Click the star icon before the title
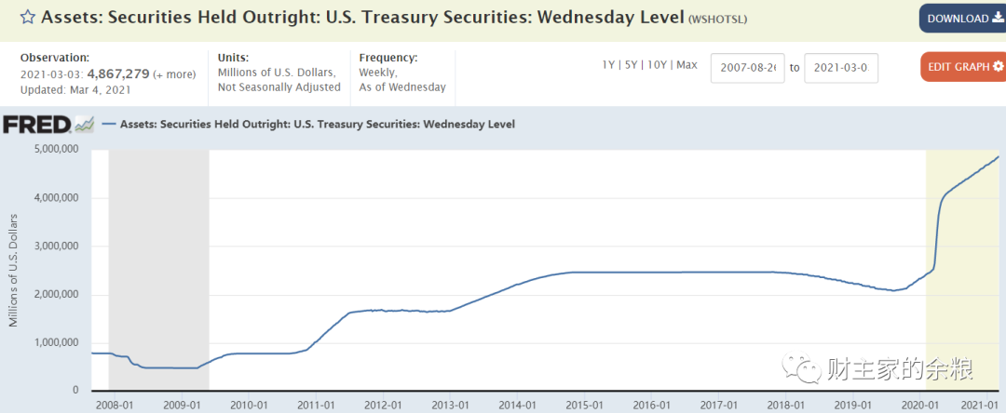(28, 18)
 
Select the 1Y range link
(609, 65)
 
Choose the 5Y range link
(632, 65)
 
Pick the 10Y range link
(657, 65)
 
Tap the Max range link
(687, 65)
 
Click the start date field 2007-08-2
(748, 68)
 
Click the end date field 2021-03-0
(841, 68)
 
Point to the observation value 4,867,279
(118, 73)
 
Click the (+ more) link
(174, 73)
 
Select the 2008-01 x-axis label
(115, 405)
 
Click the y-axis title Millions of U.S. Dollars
(14, 270)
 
